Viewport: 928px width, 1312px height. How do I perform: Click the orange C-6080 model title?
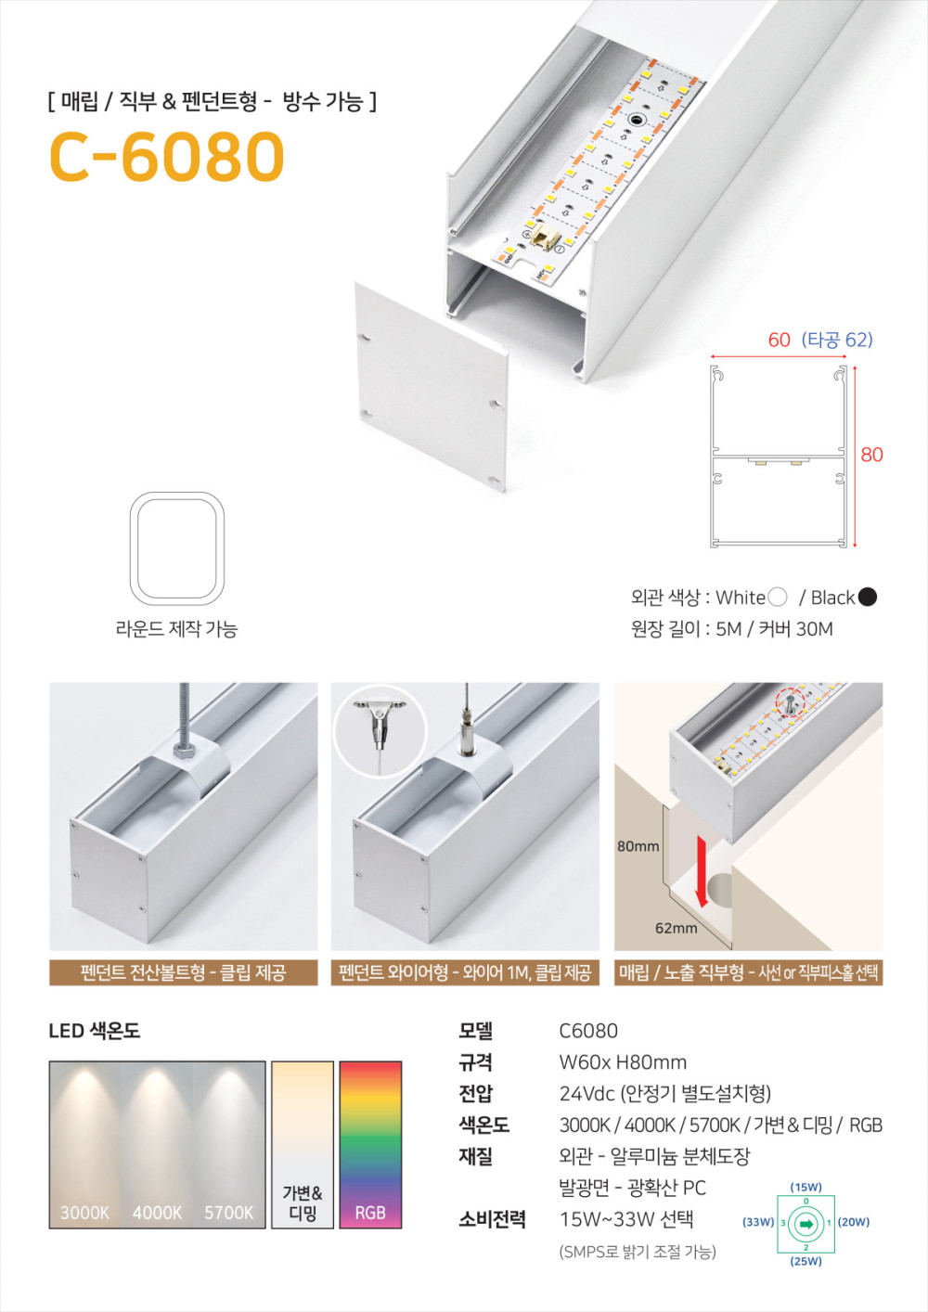pos(167,156)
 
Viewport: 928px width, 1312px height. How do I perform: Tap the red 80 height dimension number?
pos(871,455)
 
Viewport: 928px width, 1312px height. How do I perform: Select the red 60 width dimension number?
pos(780,340)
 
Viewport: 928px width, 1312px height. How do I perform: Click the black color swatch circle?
pos(867,597)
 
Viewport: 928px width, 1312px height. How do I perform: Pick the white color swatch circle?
pos(778,597)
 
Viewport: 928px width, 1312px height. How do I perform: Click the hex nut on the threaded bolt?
pos(185,752)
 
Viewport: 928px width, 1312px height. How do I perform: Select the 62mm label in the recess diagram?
pos(677,929)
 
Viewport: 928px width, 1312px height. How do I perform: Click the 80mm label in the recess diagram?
pos(638,846)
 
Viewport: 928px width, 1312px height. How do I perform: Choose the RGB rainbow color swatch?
pos(370,1144)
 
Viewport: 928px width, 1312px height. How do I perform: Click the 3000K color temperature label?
pos(85,1213)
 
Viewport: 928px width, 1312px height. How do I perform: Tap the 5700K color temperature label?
pos(229,1213)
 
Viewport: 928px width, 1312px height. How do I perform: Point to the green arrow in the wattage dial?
pos(806,1224)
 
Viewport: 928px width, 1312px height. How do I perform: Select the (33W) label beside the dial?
pos(759,1222)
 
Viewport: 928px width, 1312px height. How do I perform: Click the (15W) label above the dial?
pos(806,1188)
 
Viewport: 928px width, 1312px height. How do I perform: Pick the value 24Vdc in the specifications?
pos(586,1094)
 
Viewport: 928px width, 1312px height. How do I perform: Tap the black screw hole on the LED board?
pos(635,121)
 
